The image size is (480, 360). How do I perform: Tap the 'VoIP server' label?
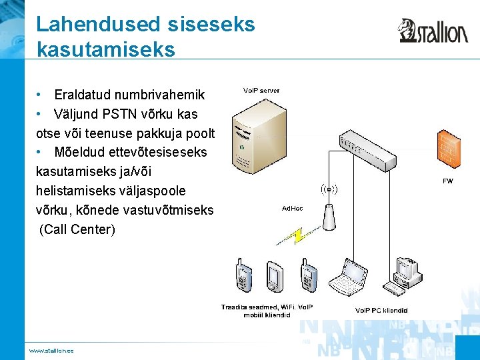coord(261,90)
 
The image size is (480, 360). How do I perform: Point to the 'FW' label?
coord(447,181)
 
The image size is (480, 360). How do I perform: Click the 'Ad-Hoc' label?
coord(292,209)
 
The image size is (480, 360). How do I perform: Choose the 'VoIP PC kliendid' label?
coord(381,310)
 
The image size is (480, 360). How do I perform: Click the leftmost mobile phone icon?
coord(243,277)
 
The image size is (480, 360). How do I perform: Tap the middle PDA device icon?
coord(274,277)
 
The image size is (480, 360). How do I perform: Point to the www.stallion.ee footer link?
coord(51,351)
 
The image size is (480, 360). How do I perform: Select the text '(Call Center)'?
coord(77,230)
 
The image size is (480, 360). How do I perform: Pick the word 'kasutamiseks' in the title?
coord(105,49)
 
